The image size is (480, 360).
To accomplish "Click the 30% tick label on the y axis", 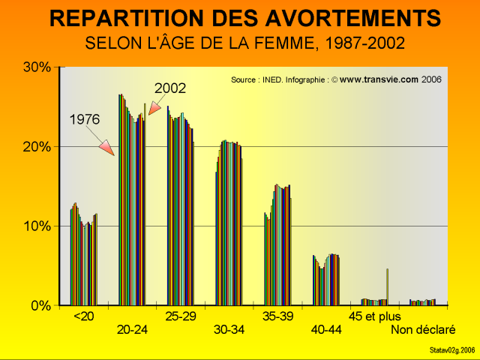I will tap(36, 67).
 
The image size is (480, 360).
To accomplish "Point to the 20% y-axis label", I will tap(36, 146).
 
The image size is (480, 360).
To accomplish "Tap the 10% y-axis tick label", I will tap(36, 226).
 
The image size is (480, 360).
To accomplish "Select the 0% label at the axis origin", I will tap(40, 306).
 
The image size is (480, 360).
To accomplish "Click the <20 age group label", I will tap(83, 316).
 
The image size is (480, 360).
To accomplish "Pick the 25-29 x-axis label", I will tap(181, 316).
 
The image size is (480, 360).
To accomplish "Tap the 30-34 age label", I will tap(229, 330).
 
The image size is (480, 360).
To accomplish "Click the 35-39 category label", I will tap(277, 316).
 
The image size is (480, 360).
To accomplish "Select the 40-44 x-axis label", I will tap(325, 330).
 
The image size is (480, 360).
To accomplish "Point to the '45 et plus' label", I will tap(375, 316).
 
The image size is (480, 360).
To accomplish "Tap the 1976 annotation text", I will tap(85, 119).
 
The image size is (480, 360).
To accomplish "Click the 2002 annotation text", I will tap(170, 88).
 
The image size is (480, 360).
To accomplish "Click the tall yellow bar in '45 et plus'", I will tap(387, 286).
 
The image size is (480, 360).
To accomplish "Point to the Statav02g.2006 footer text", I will tap(452, 350).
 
